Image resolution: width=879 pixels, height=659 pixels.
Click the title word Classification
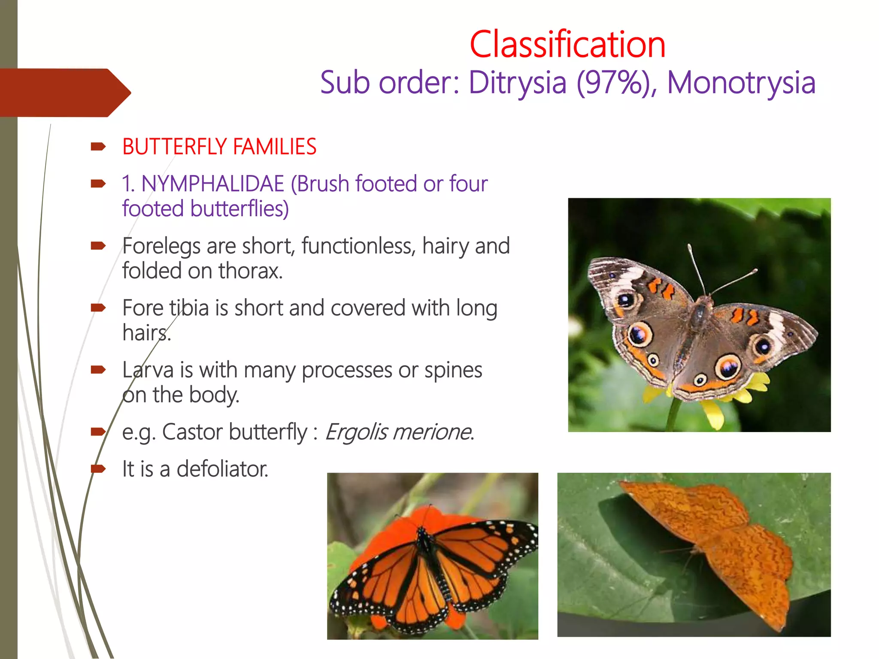click(567, 45)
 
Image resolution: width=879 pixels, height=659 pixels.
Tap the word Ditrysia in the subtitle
click(517, 82)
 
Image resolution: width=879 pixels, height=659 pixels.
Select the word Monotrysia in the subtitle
click(741, 82)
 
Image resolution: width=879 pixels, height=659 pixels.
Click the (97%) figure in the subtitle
click(616, 82)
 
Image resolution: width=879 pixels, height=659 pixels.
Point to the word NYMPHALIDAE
click(213, 184)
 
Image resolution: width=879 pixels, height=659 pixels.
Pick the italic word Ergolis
click(356, 432)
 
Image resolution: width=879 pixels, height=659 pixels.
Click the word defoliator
click(222, 469)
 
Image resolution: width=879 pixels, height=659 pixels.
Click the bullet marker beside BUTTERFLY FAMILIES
click(98, 147)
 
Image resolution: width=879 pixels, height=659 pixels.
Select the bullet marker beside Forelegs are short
click(98, 246)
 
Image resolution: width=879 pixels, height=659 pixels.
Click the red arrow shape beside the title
click(64, 93)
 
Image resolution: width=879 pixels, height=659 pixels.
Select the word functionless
click(358, 246)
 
